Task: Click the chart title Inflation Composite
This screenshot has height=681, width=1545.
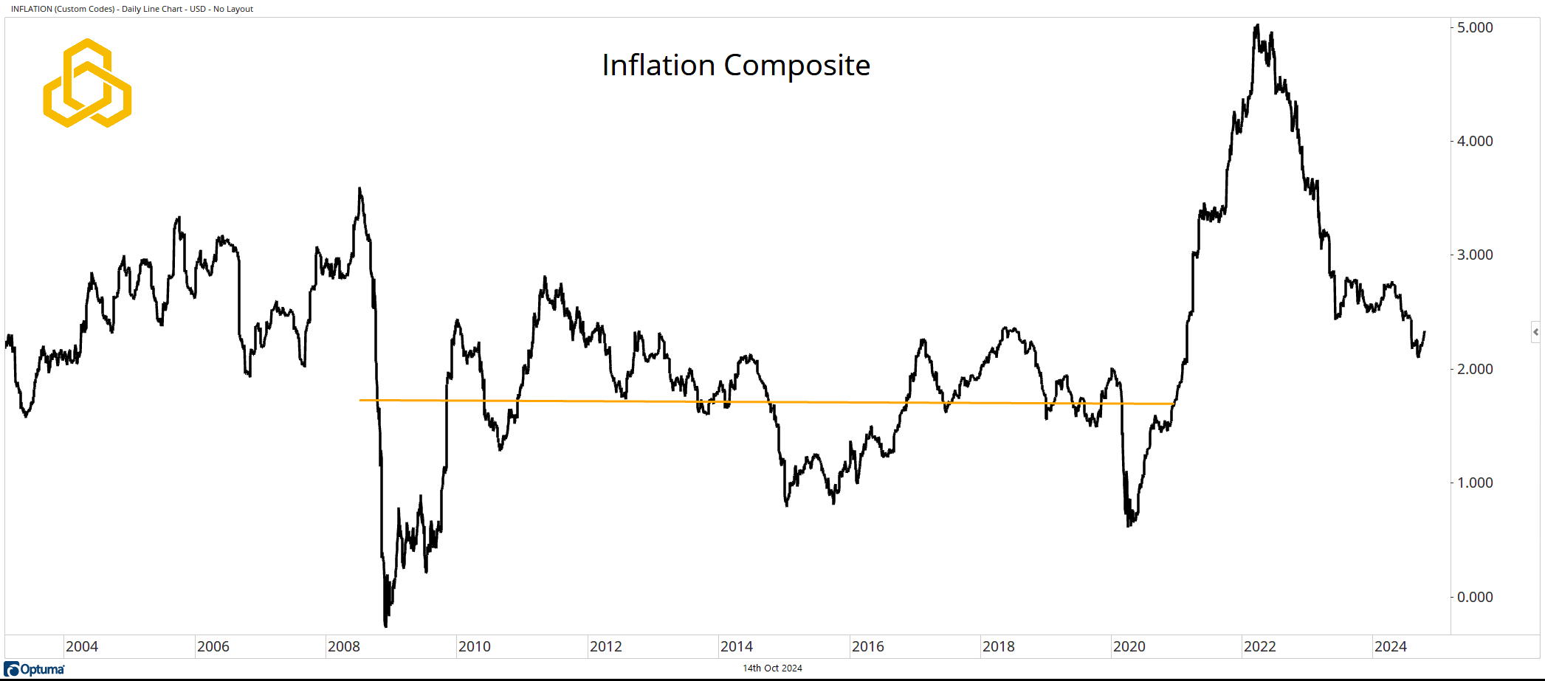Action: (736, 66)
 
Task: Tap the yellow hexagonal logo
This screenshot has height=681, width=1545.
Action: (87, 83)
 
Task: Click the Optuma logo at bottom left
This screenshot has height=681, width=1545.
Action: (35, 669)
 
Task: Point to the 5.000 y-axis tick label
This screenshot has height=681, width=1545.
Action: (1474, 27)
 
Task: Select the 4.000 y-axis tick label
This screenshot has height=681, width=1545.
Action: (1474, 141)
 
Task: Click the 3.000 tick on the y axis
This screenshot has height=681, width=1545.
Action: (1474, 255)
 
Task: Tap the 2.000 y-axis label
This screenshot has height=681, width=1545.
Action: (1474, 369)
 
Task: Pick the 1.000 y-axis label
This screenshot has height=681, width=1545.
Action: (1474, 483)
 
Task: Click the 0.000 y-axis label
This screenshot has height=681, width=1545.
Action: (1474, 597)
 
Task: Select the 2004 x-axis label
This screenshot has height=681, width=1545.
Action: (82, 647)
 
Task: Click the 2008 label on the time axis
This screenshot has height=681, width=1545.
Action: (344, 647)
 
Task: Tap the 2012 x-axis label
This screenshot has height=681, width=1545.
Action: (606, 647)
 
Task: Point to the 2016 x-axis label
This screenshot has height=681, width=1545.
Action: (868, 647)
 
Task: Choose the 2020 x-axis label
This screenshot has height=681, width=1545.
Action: (1129, 647)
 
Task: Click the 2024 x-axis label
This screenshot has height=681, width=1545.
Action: (1391, 647)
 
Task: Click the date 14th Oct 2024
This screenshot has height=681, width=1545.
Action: (772, 668)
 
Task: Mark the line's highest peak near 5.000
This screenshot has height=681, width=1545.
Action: (1257, 26)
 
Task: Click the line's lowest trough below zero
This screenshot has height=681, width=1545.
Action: (386, 626)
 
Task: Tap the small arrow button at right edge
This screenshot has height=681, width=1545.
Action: (1535, 332)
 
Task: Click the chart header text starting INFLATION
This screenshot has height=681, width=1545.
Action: (132, 9)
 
